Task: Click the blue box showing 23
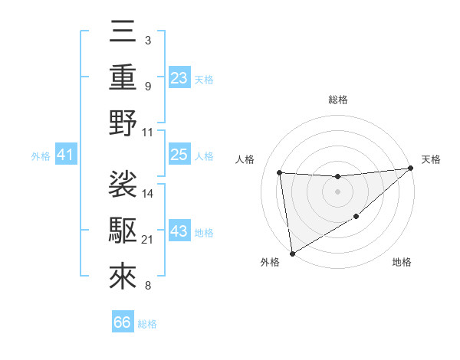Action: [x=179, y=77]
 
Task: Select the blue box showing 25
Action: [x=179, y=155]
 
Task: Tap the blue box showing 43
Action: [x=179, y=232]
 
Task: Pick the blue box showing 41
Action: [x=66, y=155]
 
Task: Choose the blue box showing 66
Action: [x=123, y=322]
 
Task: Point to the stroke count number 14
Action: [x=149, y=193]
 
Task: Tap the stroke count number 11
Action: [x=149, y=132]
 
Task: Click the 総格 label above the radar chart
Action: [x=337, y=100]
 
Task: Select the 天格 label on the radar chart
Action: [x=431, y=159]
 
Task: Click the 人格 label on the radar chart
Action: [x=246, y=159]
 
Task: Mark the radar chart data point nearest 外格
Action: [x=291, y=254]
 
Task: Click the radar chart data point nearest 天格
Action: [x=411, y=169]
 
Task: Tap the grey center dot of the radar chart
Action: [x=337, y=191]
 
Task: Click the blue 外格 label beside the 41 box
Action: [x=41, y=156]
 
